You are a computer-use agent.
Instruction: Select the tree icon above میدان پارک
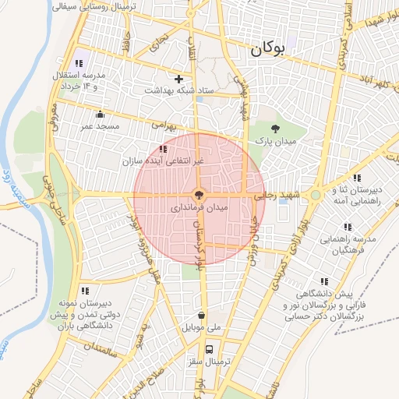pos(274,128)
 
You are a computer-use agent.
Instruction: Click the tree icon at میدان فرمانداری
pos(199,195)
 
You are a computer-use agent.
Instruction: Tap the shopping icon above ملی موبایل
pos(202,316)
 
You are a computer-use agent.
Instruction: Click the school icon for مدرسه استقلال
pos(78,63)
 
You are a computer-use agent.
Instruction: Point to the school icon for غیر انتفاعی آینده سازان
pos(162,149)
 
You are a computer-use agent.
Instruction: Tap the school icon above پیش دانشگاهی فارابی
pos(323,282)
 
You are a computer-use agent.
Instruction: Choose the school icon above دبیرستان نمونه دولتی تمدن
pos(83,290)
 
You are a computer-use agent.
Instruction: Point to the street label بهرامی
pos(164,124)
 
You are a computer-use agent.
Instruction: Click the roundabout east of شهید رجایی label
pos(316,195)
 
